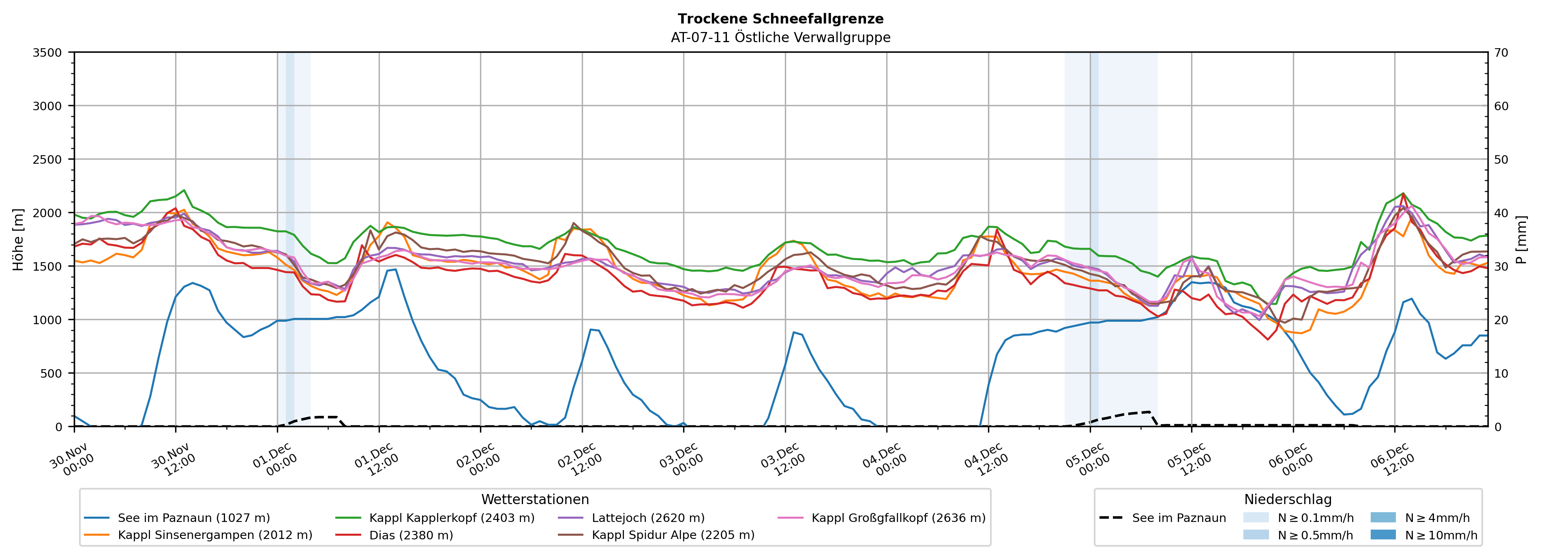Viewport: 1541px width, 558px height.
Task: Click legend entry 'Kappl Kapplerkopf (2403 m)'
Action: (452, 518)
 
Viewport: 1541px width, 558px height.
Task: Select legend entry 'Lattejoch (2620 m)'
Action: (648, 518)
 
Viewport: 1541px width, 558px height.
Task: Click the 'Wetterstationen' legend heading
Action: (535, 499)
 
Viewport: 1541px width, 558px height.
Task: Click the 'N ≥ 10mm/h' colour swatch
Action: (1382, 534)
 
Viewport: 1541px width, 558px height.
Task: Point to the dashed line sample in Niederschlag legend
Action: (1111, 518)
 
